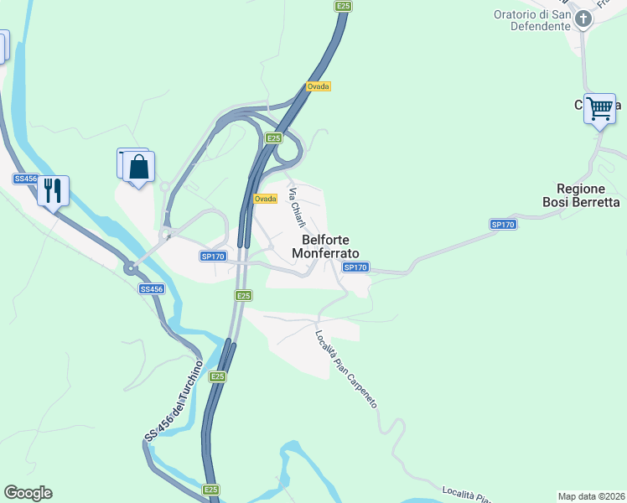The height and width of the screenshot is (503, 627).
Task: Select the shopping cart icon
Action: [x=599, y=108]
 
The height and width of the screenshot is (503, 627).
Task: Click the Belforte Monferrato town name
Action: [x=324, y=246]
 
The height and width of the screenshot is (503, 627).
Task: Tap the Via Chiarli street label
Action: [x=297, y=207]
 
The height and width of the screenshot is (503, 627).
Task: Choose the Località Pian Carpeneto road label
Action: [x=345, y=369]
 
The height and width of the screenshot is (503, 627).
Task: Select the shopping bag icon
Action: [x=138, y=166]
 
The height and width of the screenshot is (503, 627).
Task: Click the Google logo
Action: [x=28, y=493]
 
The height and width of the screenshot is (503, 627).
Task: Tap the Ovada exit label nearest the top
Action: [x=318, y=86]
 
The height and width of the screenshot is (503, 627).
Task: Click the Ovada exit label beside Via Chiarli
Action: [x=265, y=199]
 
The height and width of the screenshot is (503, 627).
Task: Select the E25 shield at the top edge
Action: [x=342, y=6]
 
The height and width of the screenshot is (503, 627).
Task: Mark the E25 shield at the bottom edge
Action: [x=211, y=490]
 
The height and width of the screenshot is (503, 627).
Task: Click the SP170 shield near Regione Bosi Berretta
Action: [x=502, y=225]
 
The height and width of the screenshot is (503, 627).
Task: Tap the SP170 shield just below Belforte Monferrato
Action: [x=355, y=267]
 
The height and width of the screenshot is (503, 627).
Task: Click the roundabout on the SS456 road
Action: [x=130, y=268]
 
